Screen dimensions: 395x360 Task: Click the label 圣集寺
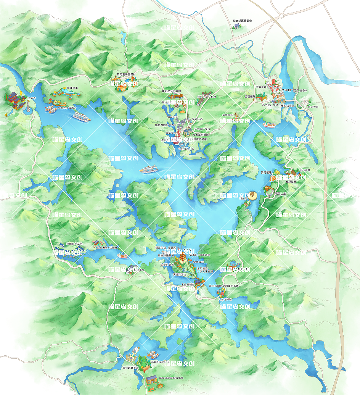(32, 98)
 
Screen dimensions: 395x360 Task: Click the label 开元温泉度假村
(126, 74)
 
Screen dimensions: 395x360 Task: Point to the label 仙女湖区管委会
(243, 21)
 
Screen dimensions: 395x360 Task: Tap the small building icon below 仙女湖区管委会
(238, 26)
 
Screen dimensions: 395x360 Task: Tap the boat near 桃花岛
(122, 256)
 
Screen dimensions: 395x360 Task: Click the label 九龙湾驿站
(225, 300)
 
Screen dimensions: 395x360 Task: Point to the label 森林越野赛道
(130, 368)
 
